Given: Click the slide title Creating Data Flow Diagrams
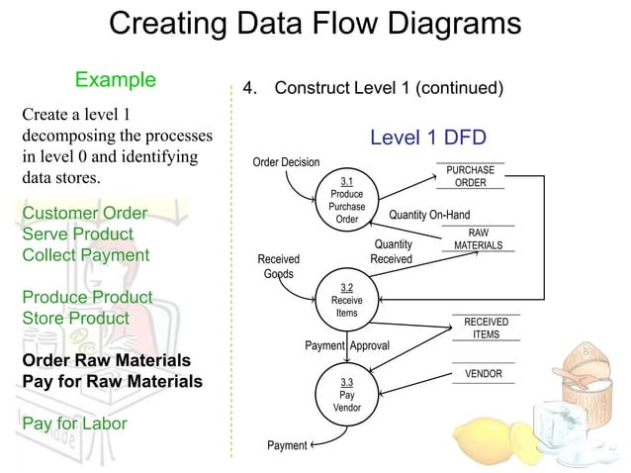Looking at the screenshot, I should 315,24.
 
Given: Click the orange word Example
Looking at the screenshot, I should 116,79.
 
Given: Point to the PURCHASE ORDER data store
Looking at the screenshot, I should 470,176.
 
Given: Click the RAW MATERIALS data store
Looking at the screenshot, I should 478,238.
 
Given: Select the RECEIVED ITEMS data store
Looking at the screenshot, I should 486,328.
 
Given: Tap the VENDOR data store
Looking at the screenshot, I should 483,374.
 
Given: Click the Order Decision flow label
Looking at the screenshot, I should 286,162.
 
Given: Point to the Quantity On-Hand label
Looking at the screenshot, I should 429,215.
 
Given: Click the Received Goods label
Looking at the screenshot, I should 278,266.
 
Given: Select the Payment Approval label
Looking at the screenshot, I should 346,345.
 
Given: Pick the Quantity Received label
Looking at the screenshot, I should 391,251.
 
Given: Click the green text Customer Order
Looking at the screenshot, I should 85,214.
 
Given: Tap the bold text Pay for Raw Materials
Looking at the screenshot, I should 112,381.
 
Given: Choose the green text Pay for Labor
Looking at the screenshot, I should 74,423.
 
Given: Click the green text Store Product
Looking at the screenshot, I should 75,319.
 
